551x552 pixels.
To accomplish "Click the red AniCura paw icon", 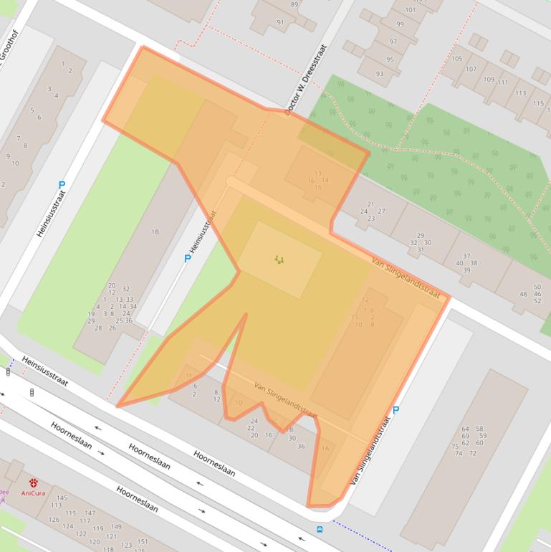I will click(34, 483).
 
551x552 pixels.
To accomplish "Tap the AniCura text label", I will click(32, 493).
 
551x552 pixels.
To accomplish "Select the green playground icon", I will click(279, 260).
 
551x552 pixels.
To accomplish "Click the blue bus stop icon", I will click(320, 530).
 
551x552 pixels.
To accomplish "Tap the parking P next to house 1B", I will click(188, 259).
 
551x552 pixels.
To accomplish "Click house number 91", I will click(280, 22).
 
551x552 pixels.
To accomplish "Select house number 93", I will click(380, 74).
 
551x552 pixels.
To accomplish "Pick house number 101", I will click(410, 10).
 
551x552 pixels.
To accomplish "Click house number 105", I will click(456, 59).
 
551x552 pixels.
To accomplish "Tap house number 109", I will click(489, 80).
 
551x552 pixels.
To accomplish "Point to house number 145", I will click(62, 498).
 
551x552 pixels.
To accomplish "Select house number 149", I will click(116, 527).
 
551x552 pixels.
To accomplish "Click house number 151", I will click(143, 541).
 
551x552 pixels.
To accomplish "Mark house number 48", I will click(522, 294).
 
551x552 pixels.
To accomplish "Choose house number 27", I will click(382, 211).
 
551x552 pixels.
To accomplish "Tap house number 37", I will click(466, 256).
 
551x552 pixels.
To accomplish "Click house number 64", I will click(465, 429).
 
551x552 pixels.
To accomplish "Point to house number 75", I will click(455, 447).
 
